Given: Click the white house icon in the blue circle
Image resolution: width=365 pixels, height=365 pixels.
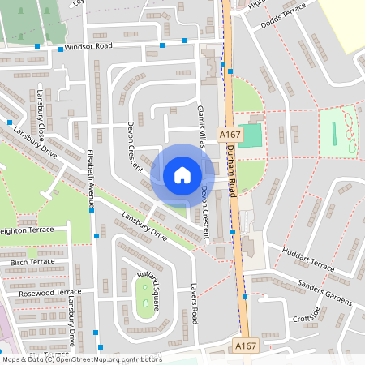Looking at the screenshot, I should tap(182, 175).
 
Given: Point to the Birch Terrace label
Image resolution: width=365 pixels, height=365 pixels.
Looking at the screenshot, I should tap(32, 262).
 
